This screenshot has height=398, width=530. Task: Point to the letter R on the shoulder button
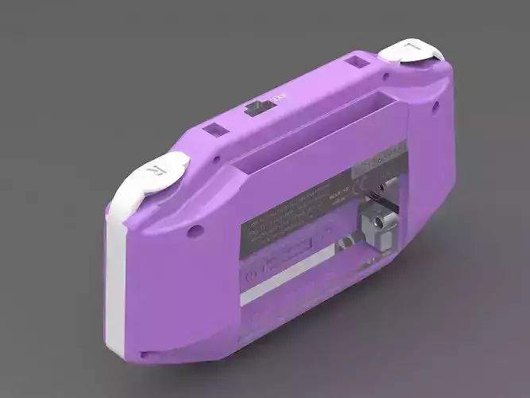[156, 170]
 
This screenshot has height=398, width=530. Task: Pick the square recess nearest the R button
[214, 129]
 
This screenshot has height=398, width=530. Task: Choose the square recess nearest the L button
[359, 60]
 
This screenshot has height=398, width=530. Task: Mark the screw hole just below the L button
[386, 77]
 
